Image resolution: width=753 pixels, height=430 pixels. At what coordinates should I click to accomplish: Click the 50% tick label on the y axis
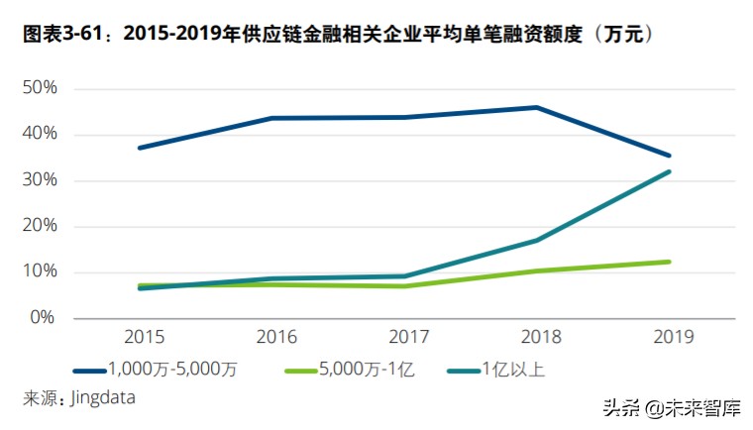pyautogui.click(x=39, y=88)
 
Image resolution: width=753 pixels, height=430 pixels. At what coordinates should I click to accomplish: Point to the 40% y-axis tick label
pyautogui.click(x=39, y=134)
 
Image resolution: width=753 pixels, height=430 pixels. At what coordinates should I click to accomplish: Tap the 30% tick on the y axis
pyautogui.click(x=39, y=180)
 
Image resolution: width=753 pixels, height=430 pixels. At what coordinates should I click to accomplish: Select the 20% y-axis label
pyautogui.click(x=39, y=226)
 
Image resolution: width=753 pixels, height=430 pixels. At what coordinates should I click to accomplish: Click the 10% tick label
pyautogui.click(x=39, y=271)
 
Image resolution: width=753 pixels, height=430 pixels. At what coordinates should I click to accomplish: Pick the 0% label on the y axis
pyautogui.click(x=43, y=318)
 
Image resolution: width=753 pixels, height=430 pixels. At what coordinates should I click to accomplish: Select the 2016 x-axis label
pyautogui.click(x=275, y=338)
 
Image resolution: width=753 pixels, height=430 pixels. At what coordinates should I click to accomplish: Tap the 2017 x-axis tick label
pyautogui.click(x=406, y=338)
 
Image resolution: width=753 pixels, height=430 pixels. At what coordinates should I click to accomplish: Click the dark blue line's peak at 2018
pyautogui.click(x=537, y=107)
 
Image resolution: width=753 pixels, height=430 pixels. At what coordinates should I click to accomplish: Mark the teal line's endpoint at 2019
pyautogui.click(x=669, y=171)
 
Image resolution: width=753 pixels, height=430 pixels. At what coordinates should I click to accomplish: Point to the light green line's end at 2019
pyautogui.click(x=669, y=262)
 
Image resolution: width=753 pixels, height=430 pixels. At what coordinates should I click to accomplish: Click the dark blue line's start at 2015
pyautogui.click(x=140, y=148)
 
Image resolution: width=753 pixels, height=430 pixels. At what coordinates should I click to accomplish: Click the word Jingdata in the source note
pyautogui.click(x=102, y=397)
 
